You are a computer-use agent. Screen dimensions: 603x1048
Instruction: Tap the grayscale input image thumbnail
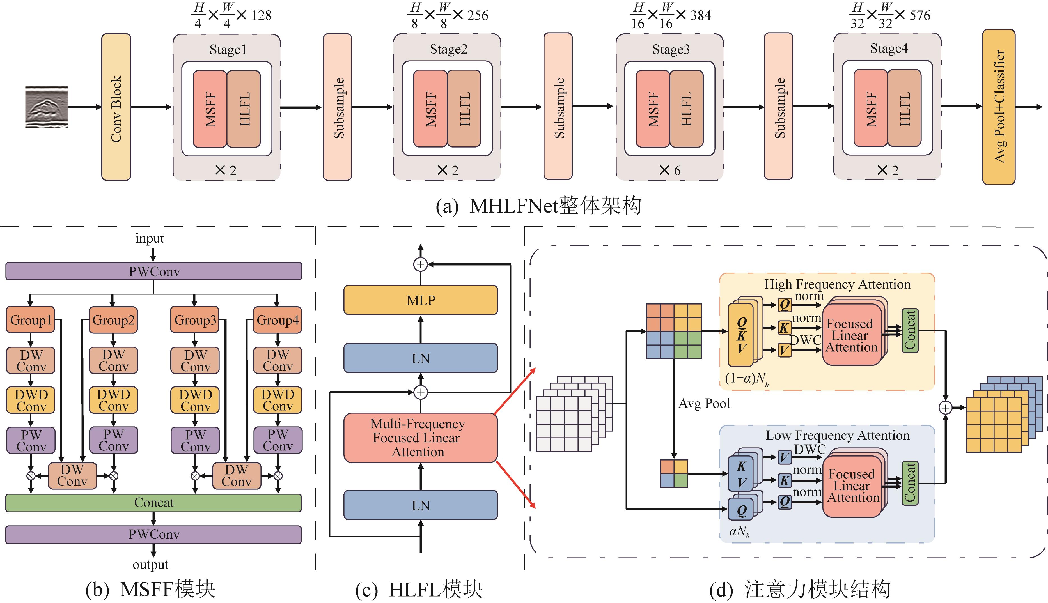(46, 107)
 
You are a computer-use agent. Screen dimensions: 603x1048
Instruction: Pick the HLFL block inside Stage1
(244, 109)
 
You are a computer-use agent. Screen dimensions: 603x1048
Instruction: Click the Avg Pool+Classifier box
(998, 107)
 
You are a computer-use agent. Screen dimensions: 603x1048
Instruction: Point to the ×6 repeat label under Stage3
(669, 170)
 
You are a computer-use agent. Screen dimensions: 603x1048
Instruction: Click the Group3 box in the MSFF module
(195, 320)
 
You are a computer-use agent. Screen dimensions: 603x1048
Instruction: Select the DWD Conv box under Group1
(31, 400)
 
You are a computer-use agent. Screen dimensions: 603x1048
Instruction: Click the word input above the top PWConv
(150, 239)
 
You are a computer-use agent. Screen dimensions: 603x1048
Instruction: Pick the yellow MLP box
(420, 300)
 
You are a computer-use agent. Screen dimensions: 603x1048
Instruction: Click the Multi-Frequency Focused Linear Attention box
(420, 438)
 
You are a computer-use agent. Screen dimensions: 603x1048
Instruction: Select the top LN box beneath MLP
(420, 358)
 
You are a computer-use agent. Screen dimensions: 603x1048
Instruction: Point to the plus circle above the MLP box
(420, 264)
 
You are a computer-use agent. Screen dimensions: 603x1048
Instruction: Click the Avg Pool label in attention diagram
(704, 403)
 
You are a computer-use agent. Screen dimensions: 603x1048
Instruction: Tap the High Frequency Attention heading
(837, 284)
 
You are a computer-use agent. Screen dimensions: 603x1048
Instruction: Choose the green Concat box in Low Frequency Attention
(910, 483)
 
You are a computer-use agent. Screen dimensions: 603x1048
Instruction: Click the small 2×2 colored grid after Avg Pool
(674, 473)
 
